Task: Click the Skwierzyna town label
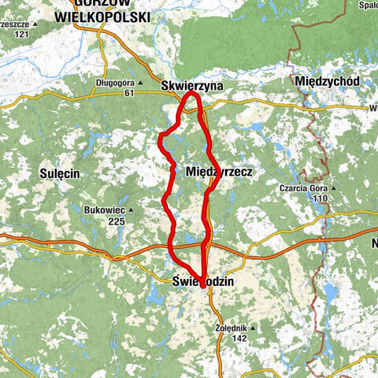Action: [x=191, y=85]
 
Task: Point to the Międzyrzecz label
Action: [x=220, y=170]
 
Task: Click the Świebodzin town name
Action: [x=202, y=281]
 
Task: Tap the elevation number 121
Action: [x=21, y=35]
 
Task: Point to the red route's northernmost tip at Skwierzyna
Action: [x=191, y=94]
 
